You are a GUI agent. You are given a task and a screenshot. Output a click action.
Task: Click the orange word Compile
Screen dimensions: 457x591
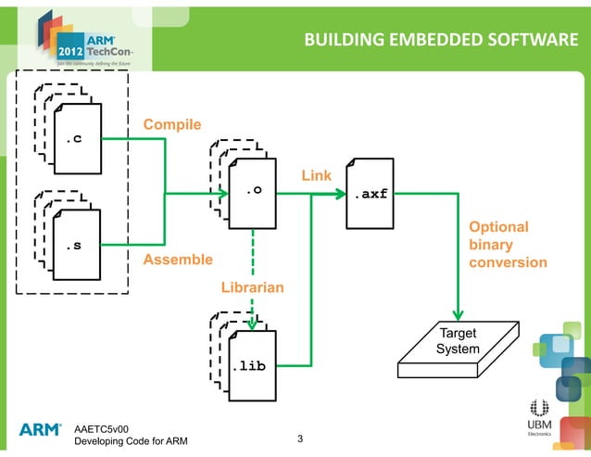(x=171, y=125)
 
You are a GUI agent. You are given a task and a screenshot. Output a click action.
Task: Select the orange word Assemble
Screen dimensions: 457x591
(x=177, y=260)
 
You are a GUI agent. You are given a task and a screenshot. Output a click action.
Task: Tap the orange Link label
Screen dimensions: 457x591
(x=316, y=175)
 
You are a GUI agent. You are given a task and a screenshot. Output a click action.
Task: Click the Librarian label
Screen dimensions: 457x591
(x=252, y=289)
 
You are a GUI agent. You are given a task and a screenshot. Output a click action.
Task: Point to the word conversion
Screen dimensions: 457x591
(x=508, y=262)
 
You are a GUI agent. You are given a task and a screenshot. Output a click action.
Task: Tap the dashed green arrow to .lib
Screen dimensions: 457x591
(x=253, y=278)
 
